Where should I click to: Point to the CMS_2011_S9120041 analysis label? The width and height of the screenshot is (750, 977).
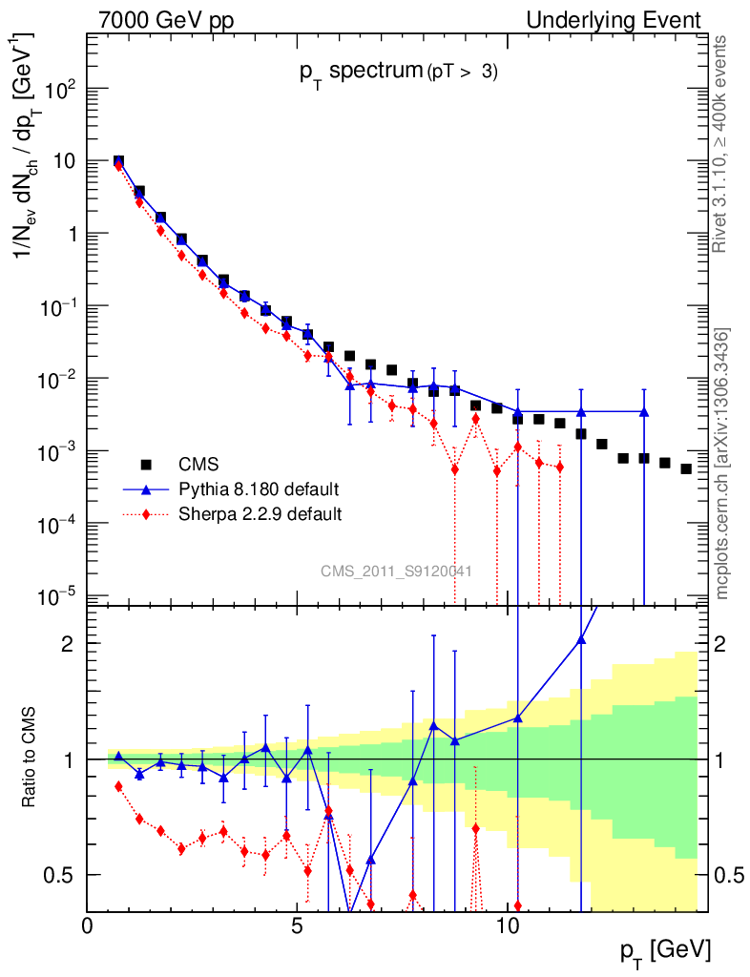tap(397, 571)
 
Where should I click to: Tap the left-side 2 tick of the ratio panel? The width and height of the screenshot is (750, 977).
tap(69, 643)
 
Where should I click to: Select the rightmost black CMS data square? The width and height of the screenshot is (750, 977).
tap(685, 468)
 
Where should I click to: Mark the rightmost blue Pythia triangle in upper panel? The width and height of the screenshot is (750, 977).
tap(644, 412)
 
